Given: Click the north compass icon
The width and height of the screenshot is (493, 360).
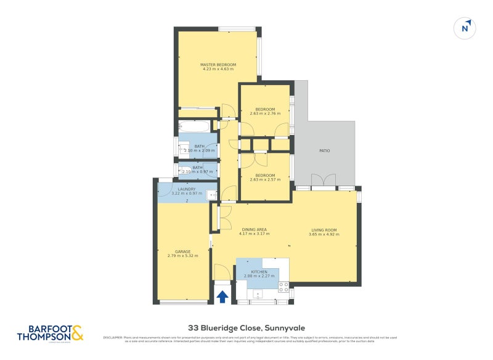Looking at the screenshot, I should pyautogui.click(x=466, y=28).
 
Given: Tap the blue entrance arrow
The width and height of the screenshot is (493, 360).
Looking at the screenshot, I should pyautogui.click(x=222, y=297).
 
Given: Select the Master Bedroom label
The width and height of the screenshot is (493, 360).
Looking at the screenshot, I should pyautogui.click(x=218, y=65).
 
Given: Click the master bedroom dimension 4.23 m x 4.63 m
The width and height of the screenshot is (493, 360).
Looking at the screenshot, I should pyautogui.click(x=218, y=69).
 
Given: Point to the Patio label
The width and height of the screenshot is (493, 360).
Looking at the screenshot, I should pyautogui.click(x=324, y=150).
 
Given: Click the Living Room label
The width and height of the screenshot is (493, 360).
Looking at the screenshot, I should pyautogui.click(x=324, y=230).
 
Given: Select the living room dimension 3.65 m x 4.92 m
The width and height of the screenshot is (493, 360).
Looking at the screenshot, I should pyautogui.click(x=324, y=234).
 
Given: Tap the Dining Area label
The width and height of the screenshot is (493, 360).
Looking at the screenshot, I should pyautogui.click(x=254, y=230).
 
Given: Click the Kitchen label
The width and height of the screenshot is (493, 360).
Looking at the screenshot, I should pyautogui.click(x=259, y=271).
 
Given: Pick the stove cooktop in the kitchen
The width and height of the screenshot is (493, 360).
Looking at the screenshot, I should pyautogui.click(x=283, y=286).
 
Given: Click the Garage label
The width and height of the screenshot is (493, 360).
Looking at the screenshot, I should pyautogui.click(x=182, y=252).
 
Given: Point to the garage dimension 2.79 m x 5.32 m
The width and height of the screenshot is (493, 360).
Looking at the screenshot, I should pyautogui.click(x=182, y=256).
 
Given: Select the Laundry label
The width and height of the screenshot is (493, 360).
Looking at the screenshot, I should pyautogui.click(x=186, y=189).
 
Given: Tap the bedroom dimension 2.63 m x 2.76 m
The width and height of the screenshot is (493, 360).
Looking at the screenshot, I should pyautogui.click(x=265, y=113).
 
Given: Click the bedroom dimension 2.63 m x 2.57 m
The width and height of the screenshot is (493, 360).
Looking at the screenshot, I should pyautogui.click(x=265, y=179).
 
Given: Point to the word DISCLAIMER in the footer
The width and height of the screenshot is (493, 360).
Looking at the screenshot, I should pyautogui.click(x=113, y=337).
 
